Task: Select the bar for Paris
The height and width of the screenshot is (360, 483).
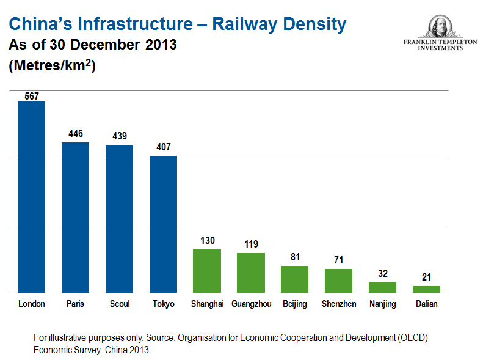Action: [76, 218]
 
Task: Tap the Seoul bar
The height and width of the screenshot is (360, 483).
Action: [120, 219]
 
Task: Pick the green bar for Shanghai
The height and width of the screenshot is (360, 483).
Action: [207, 271]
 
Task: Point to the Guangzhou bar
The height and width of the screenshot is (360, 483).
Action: [251, 273]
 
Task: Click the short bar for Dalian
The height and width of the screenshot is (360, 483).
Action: [426, 289]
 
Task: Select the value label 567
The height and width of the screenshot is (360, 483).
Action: [32, 95]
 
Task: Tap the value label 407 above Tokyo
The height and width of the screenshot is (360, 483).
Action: [164, 147]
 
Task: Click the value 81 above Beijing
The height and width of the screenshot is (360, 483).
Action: [295, 257]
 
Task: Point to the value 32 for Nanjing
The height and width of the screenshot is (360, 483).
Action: [382, 274]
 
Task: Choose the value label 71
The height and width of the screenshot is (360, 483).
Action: [338, 260]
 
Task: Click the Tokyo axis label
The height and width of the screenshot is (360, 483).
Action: [164, 304]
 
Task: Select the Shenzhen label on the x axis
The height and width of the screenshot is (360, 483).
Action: [339, 304]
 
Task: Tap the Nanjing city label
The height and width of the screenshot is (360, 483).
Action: [383, 304]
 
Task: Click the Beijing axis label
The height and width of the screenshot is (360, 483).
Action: [295, 304]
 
